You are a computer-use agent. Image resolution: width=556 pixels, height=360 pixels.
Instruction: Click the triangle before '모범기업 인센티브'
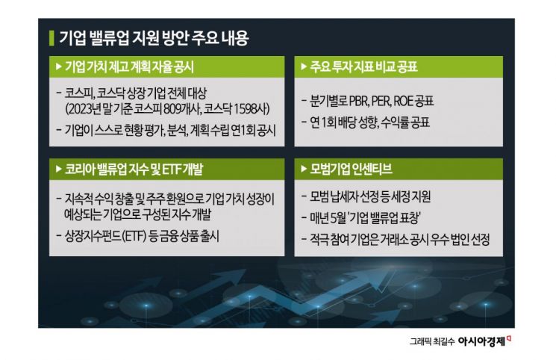[x=303, y=169]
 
